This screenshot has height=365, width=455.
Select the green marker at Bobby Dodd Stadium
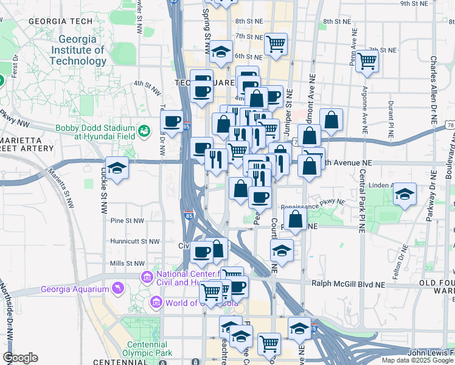144,130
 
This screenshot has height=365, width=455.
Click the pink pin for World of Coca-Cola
157,302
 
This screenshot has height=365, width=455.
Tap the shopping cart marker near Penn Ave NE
367,60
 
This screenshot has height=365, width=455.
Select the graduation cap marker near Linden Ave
405,195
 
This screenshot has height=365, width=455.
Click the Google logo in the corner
20,358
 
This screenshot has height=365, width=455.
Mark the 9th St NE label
414,4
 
